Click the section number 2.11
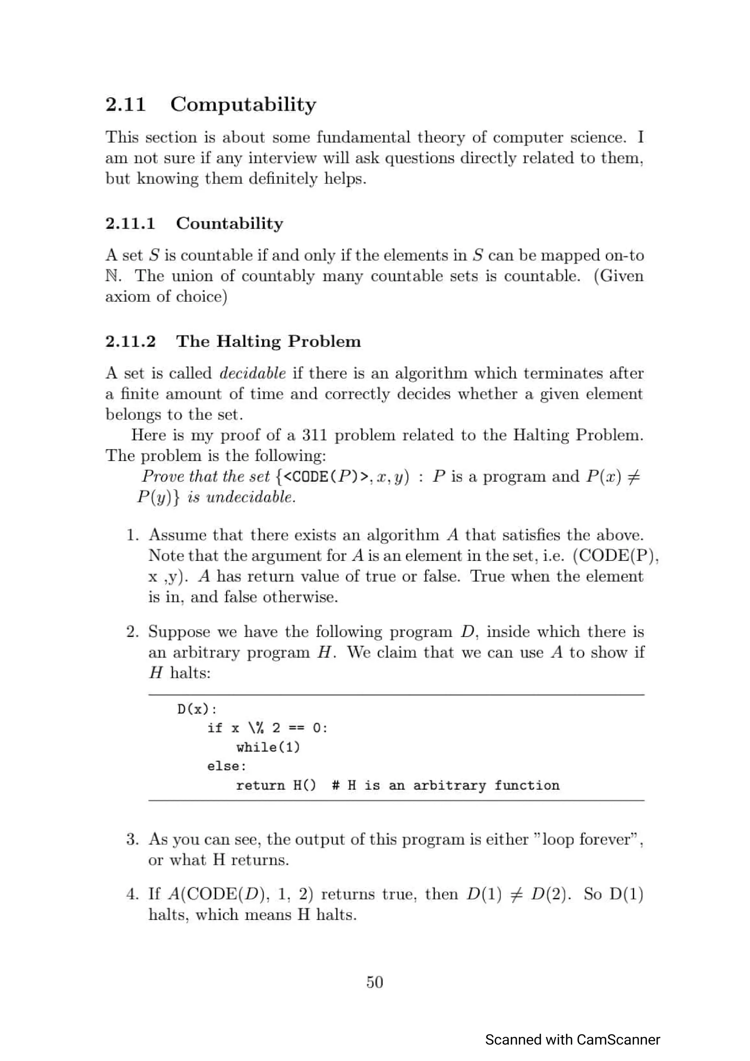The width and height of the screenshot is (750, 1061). tap(125, 104)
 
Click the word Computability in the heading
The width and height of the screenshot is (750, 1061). tap(243, 104)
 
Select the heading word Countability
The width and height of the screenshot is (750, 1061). tap(229, 224)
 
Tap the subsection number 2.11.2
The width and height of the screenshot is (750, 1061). tap(130, 342)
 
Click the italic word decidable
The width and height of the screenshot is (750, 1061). tap(252, 373)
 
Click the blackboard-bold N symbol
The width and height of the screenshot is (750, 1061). tap(112, 276)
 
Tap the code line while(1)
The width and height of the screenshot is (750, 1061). tap(268, 748)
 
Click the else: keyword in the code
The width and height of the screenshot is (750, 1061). tap(226, 767)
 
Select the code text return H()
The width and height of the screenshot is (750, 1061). tap(276, 786)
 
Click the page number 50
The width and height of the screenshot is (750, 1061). tap(374, 982)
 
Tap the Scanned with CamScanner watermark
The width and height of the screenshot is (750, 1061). tap(572, 1040)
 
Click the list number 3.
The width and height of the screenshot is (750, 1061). tap(132, 840)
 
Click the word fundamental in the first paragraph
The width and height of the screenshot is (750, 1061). tap(363, 138)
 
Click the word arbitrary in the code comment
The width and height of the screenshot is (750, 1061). tap(449, 786)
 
